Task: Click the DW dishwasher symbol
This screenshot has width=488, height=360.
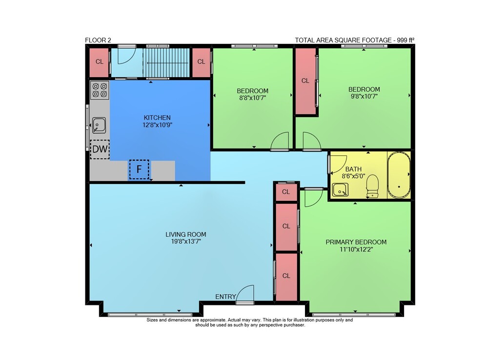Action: (x=100, y=149)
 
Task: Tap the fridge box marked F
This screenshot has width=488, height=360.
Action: (x=139, y=169)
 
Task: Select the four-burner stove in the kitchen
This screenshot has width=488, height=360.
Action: (x=100, y=90)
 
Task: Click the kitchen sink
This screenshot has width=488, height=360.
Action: (x=99, y=125)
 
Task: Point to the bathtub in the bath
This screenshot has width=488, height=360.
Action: (x=399, y=175)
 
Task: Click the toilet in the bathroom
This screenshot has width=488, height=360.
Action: (x=372, y=186)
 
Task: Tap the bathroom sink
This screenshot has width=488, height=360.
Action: (x=340, y=190)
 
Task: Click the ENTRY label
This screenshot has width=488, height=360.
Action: (x=225, y=297)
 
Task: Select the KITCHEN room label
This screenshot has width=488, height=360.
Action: (x=157, y=118)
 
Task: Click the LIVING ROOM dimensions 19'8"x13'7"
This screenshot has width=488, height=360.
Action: (x=186, y=241)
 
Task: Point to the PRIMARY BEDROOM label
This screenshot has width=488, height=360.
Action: (x=356, y=242)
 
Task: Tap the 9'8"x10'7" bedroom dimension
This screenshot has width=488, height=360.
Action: (x=364, y=96)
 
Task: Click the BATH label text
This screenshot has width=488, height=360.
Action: (x=353, y=169)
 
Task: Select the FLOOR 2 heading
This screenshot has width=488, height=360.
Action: (x=98, y=40)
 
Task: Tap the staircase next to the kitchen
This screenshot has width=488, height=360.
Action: (x=166, y=63)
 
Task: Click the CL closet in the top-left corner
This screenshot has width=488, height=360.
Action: (x=99, y=63)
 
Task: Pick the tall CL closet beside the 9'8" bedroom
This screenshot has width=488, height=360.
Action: (x=305, y=81)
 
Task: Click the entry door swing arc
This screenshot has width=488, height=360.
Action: (x=245, y=293)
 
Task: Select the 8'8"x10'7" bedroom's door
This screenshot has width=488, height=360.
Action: (x=280, y=141)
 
